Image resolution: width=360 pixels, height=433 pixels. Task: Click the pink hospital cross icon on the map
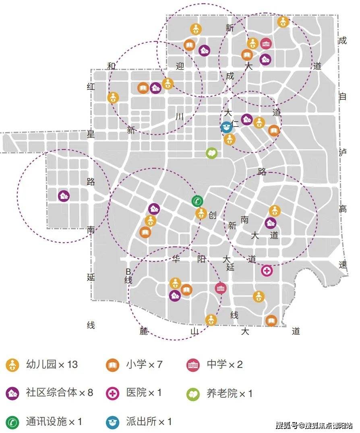[x=267, y=271]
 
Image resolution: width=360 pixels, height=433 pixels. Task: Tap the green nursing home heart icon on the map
[x=211, y=153]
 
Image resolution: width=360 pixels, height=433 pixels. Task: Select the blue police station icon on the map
[x=226, y=127]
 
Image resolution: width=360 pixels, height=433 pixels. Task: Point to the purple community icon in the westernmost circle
[x=64, y=196]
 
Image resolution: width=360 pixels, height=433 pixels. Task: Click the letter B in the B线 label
[x=128, y=272]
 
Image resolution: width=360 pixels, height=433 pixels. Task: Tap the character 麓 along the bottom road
[x=144, y=331]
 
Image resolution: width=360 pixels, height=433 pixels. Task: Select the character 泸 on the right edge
[x=343, y=152]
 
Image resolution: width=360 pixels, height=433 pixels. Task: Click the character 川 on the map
[x=180, y=117]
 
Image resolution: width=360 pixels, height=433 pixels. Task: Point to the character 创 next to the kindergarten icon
[x=213, y=215]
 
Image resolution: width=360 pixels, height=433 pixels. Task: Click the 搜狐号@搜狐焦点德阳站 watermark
[x=314, y=425]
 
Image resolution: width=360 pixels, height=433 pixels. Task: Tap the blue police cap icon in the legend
[x=112, y=422]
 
